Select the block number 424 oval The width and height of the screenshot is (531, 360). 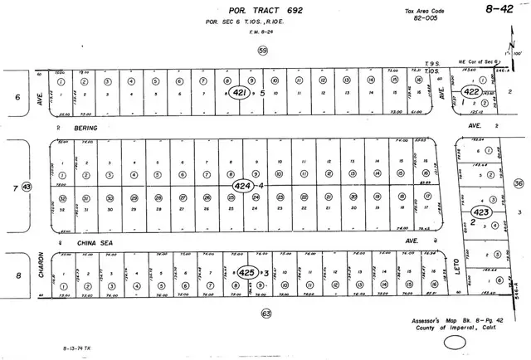242,185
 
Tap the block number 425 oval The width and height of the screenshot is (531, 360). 246,271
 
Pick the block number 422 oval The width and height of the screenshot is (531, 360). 472,91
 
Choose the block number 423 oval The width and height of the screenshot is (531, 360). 481,211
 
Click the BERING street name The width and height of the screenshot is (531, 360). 85,129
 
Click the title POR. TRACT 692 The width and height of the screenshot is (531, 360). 252,11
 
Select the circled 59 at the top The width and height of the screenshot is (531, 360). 264,51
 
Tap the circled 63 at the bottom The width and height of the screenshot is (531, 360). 265,313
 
